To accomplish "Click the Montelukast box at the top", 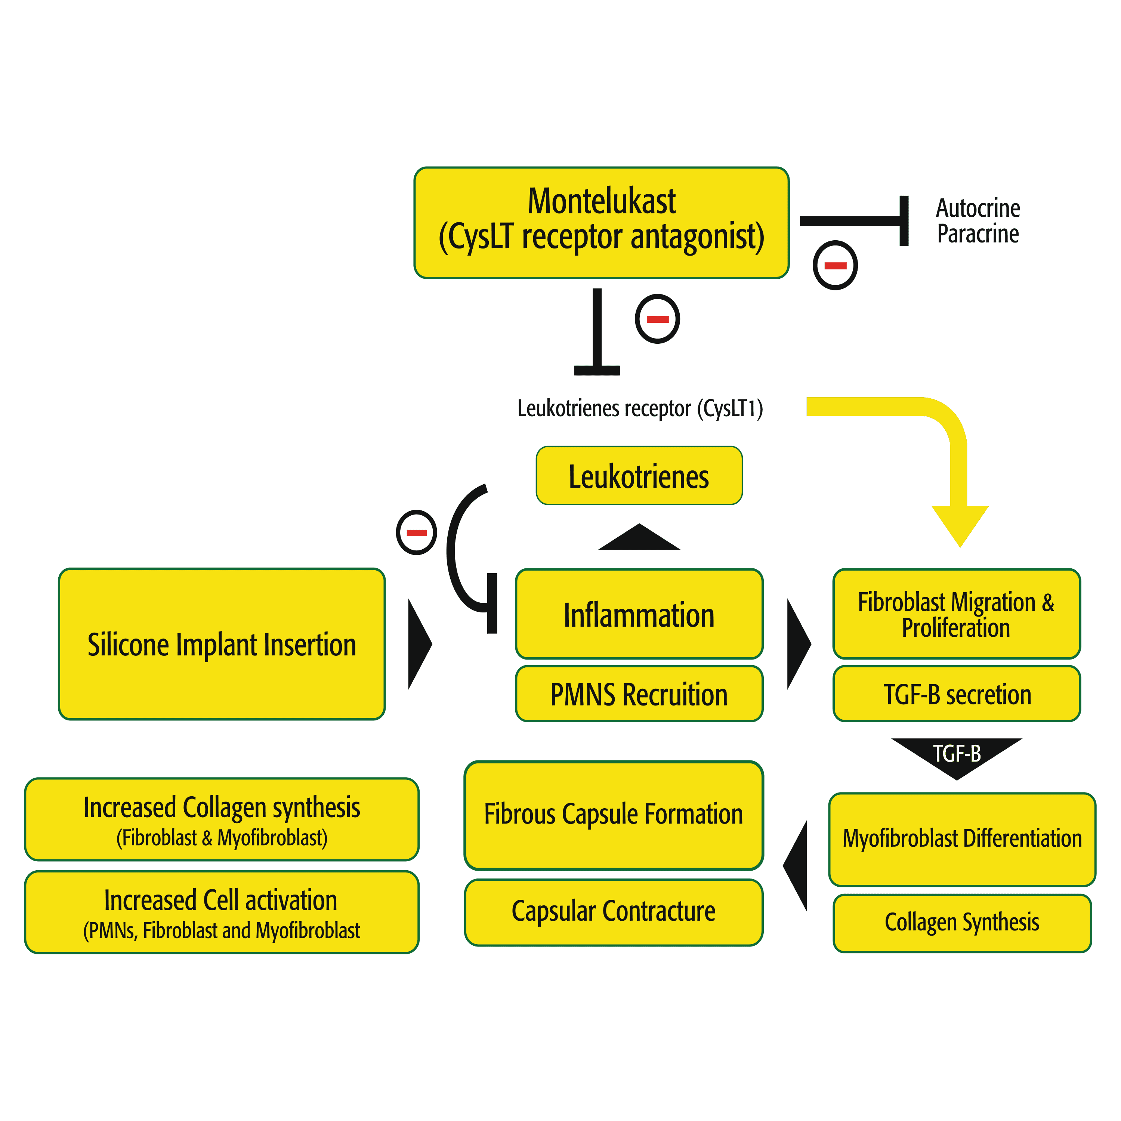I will [601, 222].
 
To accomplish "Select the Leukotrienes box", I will [639, 476].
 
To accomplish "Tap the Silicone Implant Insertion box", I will [222, 644].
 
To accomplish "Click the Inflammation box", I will [639, 614].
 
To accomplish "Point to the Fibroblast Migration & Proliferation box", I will [956, 614].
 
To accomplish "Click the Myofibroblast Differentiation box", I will [961, 839].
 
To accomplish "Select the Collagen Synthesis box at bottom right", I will [961, 923].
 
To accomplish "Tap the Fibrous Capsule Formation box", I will [613, 815].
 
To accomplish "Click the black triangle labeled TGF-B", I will [956, 754].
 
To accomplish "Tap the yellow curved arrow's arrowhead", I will [960, 523].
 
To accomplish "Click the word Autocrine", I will [978, 208].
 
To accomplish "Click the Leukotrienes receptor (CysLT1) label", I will [640, 408].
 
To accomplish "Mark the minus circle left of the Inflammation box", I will [416, 532].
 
